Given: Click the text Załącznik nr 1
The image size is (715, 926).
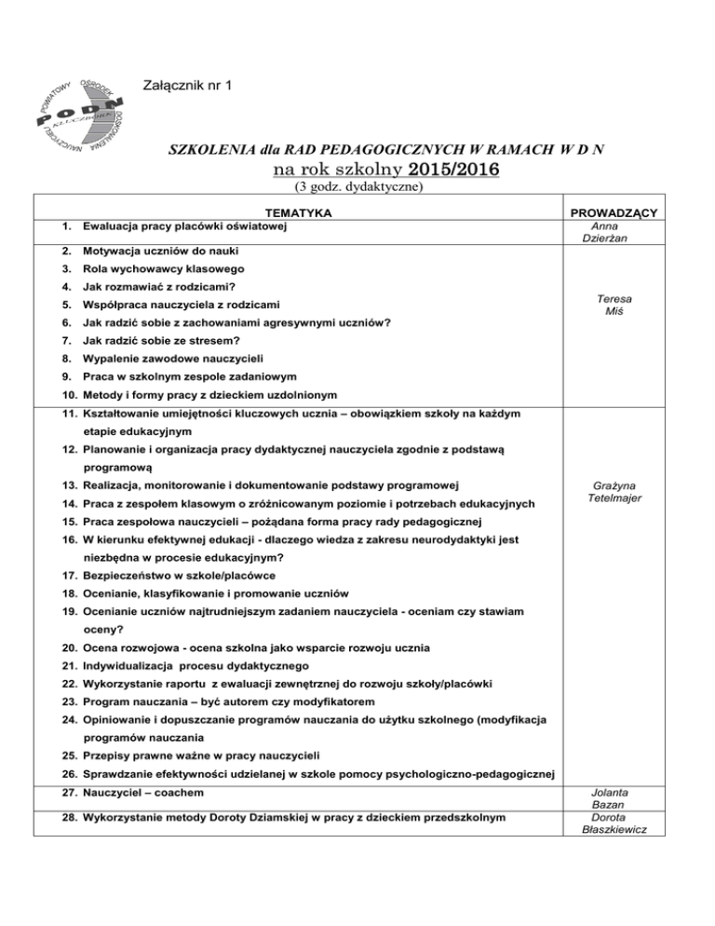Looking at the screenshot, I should [190, 86].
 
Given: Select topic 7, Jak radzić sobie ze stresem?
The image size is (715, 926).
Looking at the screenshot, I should [170, 344].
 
